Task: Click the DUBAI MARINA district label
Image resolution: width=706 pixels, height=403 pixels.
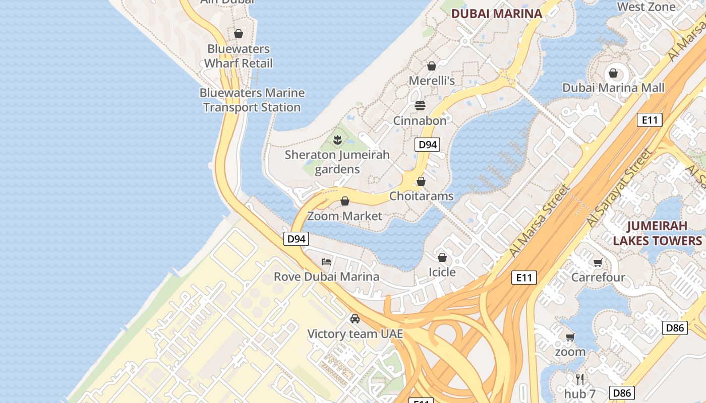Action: coord(496,14)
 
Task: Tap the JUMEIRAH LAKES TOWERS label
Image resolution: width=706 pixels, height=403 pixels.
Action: coord(657,233)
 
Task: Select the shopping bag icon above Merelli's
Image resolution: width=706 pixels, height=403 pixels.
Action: coord(431,66)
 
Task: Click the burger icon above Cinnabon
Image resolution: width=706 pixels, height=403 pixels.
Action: coord(420,106)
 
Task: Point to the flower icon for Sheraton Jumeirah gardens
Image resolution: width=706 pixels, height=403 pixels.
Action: coord(337,140)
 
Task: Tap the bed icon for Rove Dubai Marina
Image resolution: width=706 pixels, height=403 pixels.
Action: coord(327,261)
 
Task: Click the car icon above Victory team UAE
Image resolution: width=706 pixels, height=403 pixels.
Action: coord(355,318)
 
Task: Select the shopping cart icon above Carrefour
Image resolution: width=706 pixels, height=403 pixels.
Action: coord(598,262)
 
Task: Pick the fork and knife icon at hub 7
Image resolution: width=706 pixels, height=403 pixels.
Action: coord(580,379)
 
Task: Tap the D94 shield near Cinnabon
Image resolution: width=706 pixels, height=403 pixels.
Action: coord(427,145)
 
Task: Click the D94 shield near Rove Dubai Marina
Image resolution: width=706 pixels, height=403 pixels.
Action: coord(296,239)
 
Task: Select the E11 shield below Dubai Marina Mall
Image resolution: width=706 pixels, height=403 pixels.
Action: coord(650,120)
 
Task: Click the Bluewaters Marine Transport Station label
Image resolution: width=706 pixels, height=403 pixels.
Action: coord(252,100)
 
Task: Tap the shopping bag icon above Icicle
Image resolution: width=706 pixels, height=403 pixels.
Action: coord(442,258)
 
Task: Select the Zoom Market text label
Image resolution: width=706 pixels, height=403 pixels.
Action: coord(344,216)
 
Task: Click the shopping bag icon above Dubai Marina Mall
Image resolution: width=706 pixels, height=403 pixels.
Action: coord(613,74)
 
